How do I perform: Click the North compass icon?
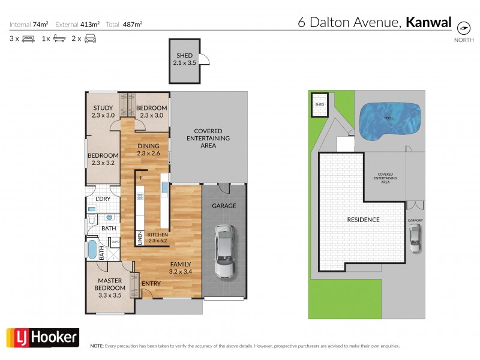tap(463, 28)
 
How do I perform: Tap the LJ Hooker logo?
tap(42, 338)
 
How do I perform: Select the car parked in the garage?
tap(224, 251)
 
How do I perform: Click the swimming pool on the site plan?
tap(388, 120)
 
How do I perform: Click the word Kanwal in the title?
tap(429, 23)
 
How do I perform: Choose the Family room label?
tap(180, 268)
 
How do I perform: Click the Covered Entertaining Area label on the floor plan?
tap(208, 138)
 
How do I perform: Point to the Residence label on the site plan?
tap(363, 220)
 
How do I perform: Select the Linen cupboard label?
tap(140, 238)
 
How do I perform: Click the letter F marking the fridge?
tap(140, 178)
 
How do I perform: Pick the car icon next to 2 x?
tap(91, 38)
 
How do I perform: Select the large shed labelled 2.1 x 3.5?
tap(184, 62)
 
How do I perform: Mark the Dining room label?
tap(148, 149)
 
